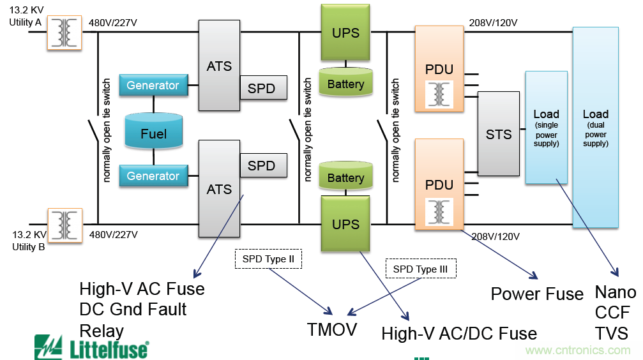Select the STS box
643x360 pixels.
(x=499, y=134)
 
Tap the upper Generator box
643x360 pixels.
(x=153, y=86)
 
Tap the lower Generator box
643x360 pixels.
(x=153, y=176)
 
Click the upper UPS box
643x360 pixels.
(x=345, y=33)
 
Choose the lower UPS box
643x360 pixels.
(x=345, y=223)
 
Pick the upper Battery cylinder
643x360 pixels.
(x=345, y=82)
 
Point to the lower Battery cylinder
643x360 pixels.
(x=345, y=177)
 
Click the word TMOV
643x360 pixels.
(x=331, y=329)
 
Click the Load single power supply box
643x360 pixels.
(x=546, y=128)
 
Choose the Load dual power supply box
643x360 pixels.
(x=595, y=128)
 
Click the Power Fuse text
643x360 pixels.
(x=537, y=294)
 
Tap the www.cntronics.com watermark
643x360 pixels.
(x=577, y=350)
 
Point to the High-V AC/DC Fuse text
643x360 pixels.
(x=459, y=333)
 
